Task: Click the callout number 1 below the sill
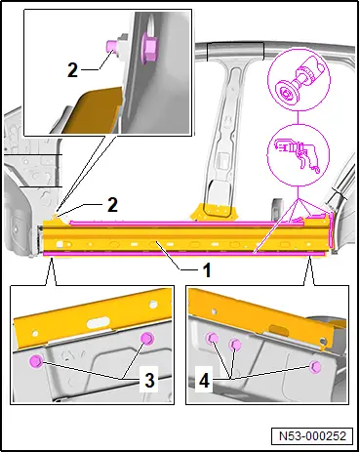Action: pyautogui.click(x=207, y=269)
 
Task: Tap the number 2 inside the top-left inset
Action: pyautogui.click(x=72, y=69)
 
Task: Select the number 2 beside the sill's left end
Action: pyautogui.click(x=112, y=205)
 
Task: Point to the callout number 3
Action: pyautogui.click(x=149, y=380)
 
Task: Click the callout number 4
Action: pyautogui.click(x=204, y=381)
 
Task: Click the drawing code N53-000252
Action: pyautogui.click(x=312, y=435)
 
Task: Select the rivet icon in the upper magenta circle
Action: pyautogui.click(x=299, y=81)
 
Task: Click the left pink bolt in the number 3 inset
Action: pyautogui.click(x=35, y=361)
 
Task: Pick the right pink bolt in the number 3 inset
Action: pyautogui.click(x=147, y=339)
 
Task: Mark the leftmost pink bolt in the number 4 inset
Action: pyautogui.click(x=212, y=339)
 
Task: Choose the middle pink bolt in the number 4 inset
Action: pyautogui.click(x=235, y=344)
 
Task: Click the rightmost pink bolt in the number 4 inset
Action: pyautogui.click(x=315, y=367)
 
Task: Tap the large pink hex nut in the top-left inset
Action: pyautogui.click(x=149, y=49)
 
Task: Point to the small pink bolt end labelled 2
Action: pyautogui.click(x=110, y=46)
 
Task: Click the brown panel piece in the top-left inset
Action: pyautogui.click(x=93, y=109)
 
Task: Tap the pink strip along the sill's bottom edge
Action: pyautogui.click(x=184, y=253)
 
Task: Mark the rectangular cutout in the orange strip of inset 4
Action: pyautogui.click(x=279, y=328)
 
